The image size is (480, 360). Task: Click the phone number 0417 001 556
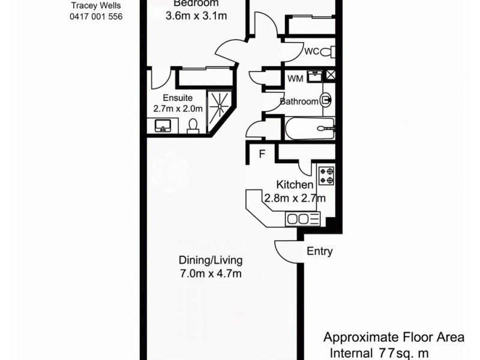point(96,17)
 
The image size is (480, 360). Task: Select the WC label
point(311,52)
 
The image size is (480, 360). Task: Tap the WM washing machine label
point(295,79)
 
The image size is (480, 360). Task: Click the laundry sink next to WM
point(315,76)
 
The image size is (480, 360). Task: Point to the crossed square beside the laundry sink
point(331,76)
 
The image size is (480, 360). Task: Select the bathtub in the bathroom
point(308,127)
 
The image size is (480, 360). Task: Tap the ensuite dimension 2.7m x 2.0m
point(178,109)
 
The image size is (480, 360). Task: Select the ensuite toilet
point(193,125)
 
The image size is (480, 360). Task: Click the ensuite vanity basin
point(163,126)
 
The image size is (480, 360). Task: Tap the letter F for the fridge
point(262,154)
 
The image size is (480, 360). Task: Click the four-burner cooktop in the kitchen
point(326,175)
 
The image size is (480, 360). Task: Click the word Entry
point(319,251)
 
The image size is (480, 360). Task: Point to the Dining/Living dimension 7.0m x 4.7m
point(210,274)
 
